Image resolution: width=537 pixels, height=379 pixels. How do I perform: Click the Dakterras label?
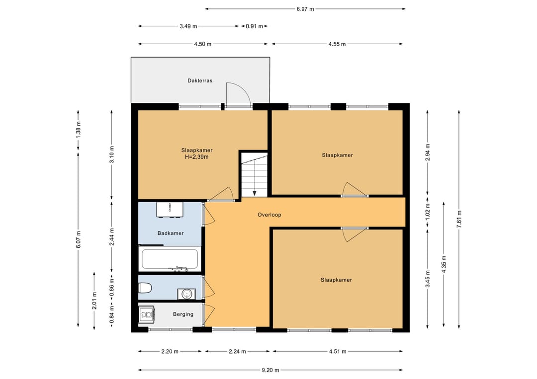200,81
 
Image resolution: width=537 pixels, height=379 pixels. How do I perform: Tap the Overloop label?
269,215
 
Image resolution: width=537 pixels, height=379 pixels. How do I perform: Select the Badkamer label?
171,233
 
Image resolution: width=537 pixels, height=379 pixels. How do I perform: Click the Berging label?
183,314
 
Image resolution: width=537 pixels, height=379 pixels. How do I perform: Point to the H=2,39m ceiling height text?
196,157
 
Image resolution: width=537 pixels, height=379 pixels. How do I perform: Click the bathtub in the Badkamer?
170,260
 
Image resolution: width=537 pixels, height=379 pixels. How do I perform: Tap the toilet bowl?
145,288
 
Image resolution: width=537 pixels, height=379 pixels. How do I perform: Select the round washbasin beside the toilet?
186,294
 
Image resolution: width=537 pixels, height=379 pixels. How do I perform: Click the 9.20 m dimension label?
270,370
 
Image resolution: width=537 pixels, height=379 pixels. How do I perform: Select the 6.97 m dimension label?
305,9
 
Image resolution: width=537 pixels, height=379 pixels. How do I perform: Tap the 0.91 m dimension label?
254,26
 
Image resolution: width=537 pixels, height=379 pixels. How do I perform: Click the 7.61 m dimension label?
459,219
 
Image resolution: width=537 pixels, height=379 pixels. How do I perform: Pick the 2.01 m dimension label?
94,301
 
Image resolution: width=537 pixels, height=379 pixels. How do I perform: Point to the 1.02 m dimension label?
428,212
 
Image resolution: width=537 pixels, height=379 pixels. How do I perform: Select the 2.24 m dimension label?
237,351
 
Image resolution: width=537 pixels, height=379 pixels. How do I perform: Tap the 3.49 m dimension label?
188,26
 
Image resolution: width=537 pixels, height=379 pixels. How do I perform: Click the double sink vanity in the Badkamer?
170,210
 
